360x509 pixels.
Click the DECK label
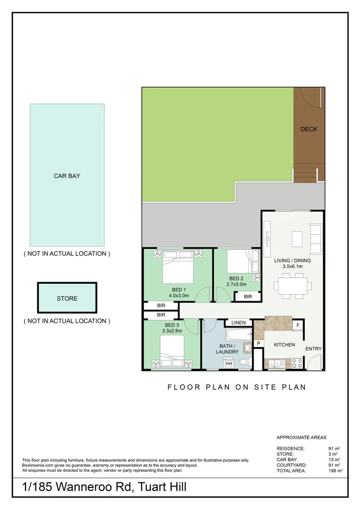[309, 129]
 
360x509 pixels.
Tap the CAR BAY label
[67, 176]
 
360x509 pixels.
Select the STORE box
[67, 298]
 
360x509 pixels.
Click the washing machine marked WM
[229, 363]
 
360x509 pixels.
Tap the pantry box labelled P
[258, 344]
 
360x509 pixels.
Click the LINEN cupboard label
[238, 322]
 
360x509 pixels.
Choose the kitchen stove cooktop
[297, 363]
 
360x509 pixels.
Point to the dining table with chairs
[292, 285]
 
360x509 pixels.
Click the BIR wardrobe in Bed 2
[248, 296]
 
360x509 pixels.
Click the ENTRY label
[313, 349]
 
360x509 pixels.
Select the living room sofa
[314, 236]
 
